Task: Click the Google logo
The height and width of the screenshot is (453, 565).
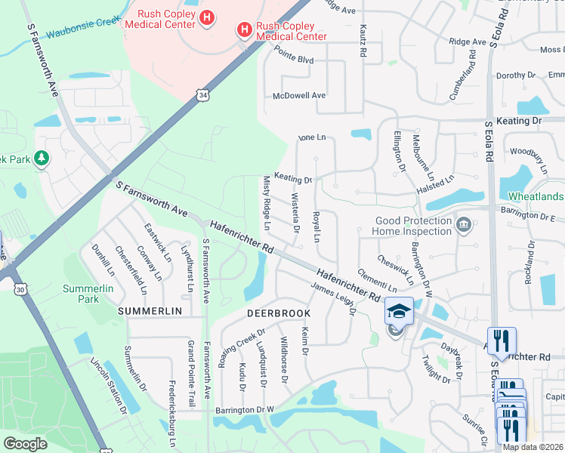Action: click(x=25, y=444)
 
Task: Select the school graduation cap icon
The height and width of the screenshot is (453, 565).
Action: click(x=399, y=310)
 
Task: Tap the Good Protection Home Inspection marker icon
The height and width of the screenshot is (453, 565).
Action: click(x=463, y=223)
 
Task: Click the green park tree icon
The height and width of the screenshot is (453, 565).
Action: click(x=42, y=159)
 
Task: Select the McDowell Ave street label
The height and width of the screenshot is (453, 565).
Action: click(x=298, y=96)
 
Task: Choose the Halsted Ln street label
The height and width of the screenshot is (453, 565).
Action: click(x=436, y=180)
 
